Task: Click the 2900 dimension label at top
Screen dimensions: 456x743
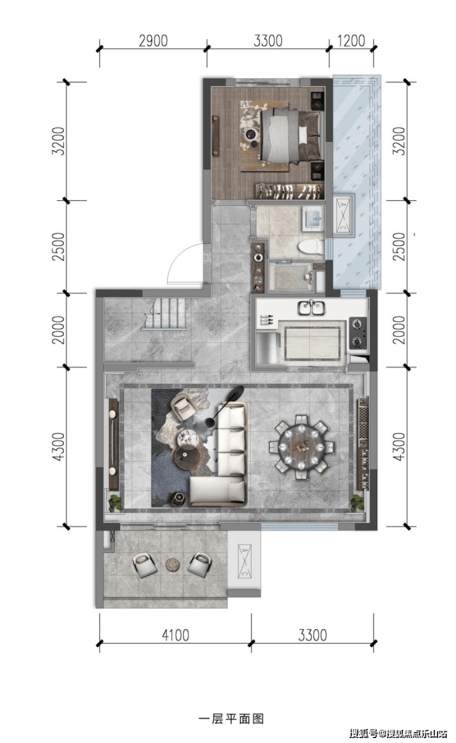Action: [153, 41]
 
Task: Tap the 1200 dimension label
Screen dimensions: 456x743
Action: [351, 41]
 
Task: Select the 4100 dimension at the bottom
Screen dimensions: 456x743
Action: [175, 635]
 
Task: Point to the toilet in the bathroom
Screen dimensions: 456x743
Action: [310, 247]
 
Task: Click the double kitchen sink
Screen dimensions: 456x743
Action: [311, 308]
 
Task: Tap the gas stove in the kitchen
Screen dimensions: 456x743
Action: [357, 333]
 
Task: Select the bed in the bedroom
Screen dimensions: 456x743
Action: [291, 137]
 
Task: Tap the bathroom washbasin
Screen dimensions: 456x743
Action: [312, 218]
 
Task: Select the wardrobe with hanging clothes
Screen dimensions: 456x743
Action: [289, 191]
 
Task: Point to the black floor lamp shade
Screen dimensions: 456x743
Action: [235, 393]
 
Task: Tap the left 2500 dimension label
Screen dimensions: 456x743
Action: [58, 247]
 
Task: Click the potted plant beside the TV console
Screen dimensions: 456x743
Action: [115, 503]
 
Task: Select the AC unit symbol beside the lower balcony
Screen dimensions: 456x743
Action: [244, 561]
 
